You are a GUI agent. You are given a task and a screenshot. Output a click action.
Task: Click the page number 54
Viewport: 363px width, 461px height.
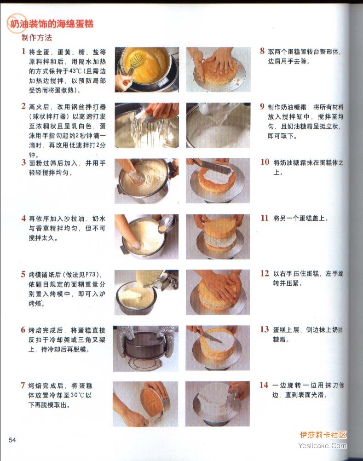12,440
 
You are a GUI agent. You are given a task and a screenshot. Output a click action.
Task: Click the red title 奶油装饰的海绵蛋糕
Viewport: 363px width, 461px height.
52,23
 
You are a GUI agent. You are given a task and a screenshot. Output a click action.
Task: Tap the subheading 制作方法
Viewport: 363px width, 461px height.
37,38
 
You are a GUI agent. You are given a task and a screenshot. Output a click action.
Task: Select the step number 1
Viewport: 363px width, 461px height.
23,51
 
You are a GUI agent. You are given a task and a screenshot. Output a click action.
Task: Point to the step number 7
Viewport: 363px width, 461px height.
23,386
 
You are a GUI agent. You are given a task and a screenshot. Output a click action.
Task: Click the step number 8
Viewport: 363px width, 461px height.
262,51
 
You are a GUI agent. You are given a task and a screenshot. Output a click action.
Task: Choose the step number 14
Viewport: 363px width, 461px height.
264,385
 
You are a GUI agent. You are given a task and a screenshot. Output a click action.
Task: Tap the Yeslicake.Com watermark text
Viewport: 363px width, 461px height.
323,446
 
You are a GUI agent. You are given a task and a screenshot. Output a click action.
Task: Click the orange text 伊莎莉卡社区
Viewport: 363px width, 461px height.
323,435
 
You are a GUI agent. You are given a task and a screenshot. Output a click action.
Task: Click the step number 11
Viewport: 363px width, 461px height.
265,218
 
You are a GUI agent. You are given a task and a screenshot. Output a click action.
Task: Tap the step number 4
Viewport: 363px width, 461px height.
23,219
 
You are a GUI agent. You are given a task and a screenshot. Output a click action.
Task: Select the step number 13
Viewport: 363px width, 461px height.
264,329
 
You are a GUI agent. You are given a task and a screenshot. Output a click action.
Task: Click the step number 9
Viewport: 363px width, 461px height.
262,106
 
